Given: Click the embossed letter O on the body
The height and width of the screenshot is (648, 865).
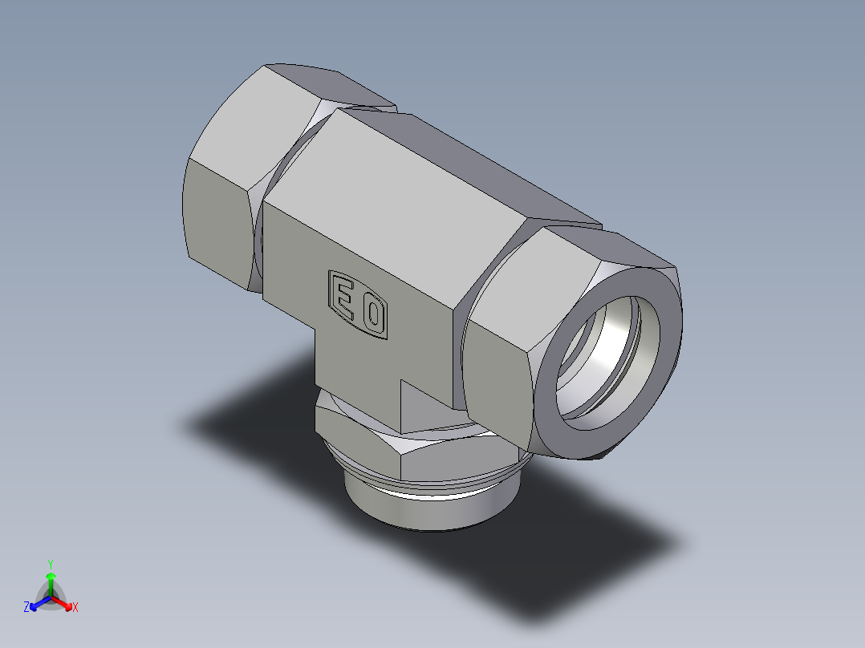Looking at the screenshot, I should click(372, 315).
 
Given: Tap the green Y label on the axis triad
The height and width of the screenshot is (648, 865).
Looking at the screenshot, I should click(50, 564).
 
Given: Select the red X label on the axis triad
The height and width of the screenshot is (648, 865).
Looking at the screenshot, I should click(75, 608).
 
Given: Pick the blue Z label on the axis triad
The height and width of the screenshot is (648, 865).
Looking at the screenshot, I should click(26, 608).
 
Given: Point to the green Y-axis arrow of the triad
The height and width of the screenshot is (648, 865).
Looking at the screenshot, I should click(51, 581).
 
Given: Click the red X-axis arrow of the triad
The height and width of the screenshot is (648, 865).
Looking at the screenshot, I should click(64, 602).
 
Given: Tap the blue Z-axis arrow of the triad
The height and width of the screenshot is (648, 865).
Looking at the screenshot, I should click(37, 603).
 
